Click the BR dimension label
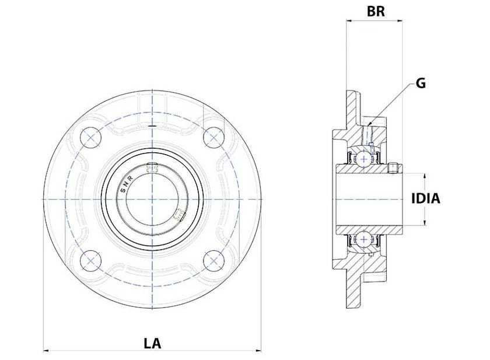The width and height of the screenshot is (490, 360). pyautogui.click(x=374, y=11)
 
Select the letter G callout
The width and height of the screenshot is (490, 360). pyautogui.click(x=420, y=83)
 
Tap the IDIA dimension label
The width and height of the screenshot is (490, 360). pyautogui.click(x=425, y=198)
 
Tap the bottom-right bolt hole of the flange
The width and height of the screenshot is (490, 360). pyautogui.click(x=215, y=260)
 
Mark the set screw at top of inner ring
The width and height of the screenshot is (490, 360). pyautogui.click(x=153, y=168)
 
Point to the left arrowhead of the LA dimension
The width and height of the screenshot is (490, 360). pyautogui.click(x=47, y=351)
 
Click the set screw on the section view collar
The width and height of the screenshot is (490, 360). pyautogui.click(x=393, y=169)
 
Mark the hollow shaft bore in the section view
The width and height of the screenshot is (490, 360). pyautogui.click(x=367, y=198)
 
